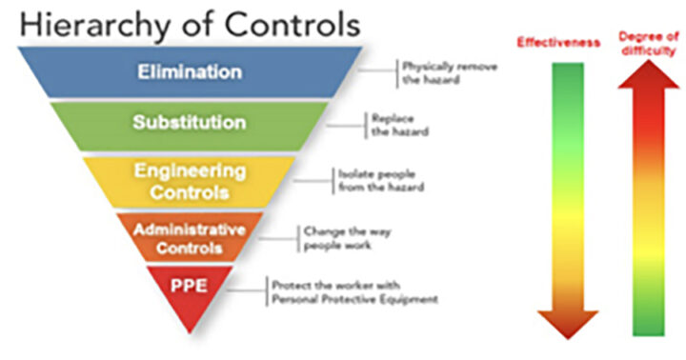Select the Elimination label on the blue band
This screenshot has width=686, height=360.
coord(189,71)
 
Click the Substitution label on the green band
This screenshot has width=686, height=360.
coord(189,123)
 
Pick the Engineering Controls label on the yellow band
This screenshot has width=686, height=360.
coord(189,182)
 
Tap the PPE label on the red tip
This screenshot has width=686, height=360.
coord(188,285)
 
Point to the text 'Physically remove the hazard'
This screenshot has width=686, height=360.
coord(441,73)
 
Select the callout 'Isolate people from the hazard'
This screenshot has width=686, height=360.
coord(378,180)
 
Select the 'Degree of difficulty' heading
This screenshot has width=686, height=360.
coord(648,43)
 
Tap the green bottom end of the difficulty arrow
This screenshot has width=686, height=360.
coord(648,324)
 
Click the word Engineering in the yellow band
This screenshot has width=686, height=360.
coord(189,171)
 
